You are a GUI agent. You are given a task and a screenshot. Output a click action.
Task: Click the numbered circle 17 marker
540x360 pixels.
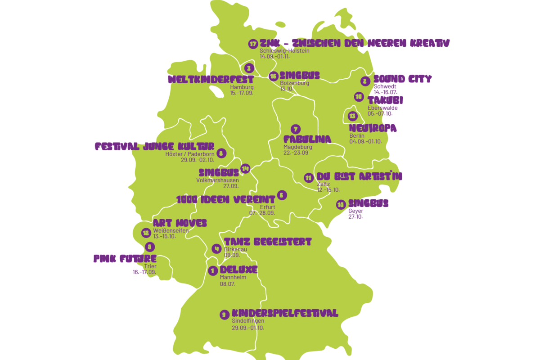pos(253,44)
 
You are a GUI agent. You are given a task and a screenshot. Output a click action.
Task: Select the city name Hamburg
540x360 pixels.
pos(242,87)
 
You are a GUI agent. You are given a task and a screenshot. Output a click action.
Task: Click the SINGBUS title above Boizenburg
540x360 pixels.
pos(300,76)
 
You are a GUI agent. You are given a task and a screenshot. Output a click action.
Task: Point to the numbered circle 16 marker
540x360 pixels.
pos(273,76)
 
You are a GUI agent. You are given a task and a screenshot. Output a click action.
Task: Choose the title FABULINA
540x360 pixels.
pos(307,139)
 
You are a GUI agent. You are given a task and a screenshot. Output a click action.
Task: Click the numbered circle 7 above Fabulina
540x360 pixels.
pos(295,129)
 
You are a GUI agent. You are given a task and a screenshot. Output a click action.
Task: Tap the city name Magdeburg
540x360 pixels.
pos(298,147)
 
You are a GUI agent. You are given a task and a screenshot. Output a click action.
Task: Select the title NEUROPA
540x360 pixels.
pos(373,128)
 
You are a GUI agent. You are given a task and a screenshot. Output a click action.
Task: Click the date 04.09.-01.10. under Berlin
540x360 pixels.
pos(365,141)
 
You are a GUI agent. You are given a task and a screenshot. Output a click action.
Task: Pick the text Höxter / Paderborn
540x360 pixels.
pos(190,153)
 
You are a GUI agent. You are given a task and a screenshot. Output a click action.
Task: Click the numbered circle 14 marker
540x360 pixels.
pos(245,169)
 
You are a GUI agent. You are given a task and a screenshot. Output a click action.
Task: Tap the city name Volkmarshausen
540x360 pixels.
pos(217,180)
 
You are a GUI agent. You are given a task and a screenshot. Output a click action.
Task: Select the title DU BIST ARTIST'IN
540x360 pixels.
pos(360,176)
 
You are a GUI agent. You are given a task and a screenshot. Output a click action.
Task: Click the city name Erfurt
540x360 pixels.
pos(268,207)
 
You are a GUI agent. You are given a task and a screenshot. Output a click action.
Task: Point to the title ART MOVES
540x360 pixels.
pos(180,223)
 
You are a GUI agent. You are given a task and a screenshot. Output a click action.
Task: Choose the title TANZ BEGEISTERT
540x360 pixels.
pos(268,242)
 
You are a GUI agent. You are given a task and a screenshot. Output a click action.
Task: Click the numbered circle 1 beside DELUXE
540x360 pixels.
pos(213,271)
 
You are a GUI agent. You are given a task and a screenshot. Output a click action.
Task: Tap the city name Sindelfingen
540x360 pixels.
pos(248,321)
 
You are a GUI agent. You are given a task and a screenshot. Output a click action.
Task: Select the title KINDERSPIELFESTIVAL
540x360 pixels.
pos(285,313)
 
